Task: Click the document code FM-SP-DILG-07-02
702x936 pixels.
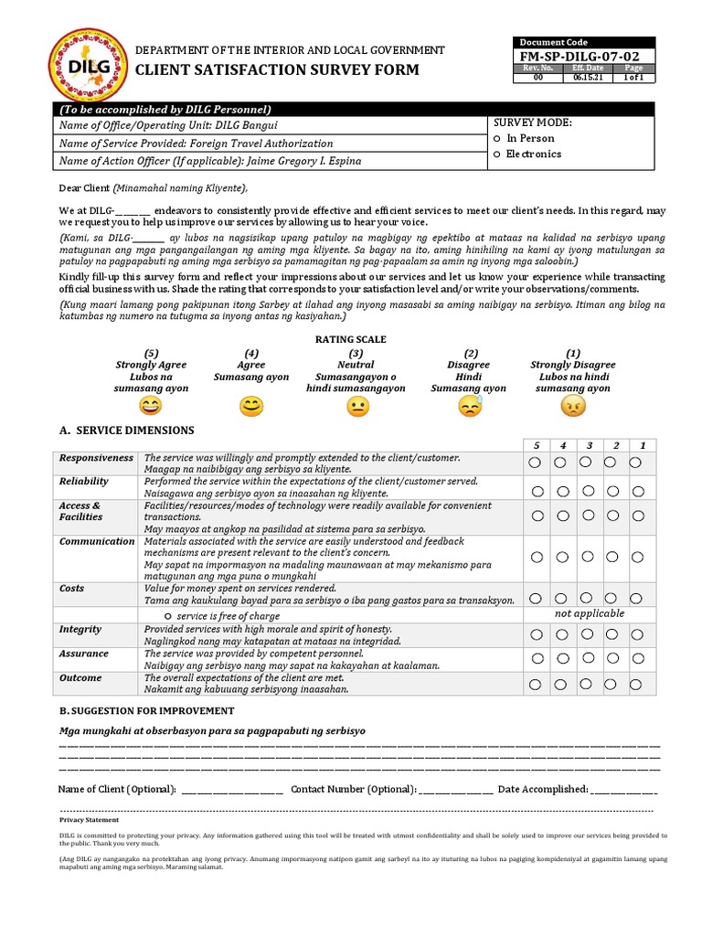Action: pyautogui.click(x=586, y=57)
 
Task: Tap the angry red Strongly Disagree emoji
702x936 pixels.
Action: pyautogui.click(x=573, y=407)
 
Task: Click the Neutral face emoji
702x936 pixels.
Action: pyautogui.click(x=357, y=407)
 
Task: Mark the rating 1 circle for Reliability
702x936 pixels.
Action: pyautogui.click(x=639, y=491)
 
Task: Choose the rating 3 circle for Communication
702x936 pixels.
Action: pyautogui.click(x=589, y=557)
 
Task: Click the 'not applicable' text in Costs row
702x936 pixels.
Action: pyautogui.click(x=590, y=613)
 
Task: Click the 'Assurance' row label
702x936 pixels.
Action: pyautogui.click(x=83, y=654)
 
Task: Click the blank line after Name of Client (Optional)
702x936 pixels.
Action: pyautogui.click(x=232, y=790)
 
